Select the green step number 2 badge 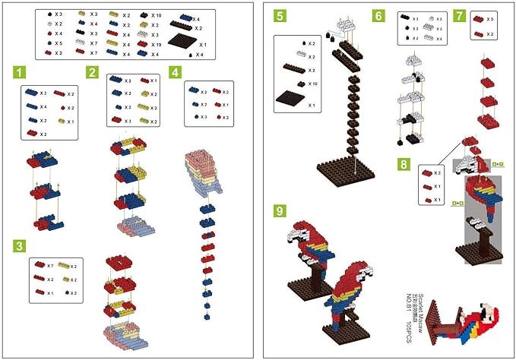pyautogui.click(x=93, y=73)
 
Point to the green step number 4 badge pyautogui.click(x=176, y=73)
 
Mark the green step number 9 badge pyautogui.click(x=281, y=206)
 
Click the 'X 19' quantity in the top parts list pyautogui.click(x=156, y=45)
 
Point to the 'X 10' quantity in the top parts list pyautogui.click(x=156, y=15)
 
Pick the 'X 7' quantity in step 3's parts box pyautogui.click(x=49, y=267)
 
